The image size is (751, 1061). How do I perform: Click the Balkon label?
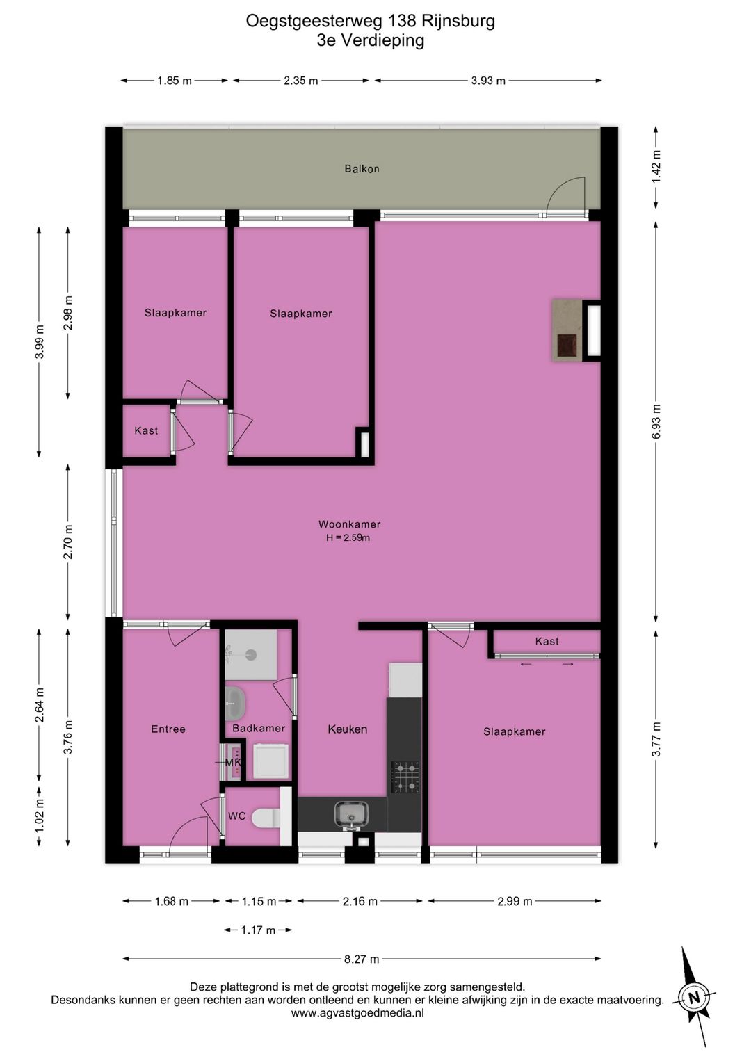(362, 169)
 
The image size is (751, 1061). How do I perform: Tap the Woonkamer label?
(349, 524)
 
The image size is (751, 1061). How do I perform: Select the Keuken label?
(347, 729)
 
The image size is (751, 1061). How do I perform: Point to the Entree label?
(168, 729)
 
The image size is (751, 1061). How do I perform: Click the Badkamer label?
(259, 728)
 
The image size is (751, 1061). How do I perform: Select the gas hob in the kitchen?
(405, 777)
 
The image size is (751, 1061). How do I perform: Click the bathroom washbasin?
(234, 703)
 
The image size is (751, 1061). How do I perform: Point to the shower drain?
(251, 655)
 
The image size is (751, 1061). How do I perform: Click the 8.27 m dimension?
(362, 959)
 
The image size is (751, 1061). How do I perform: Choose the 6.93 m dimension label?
(656, 421)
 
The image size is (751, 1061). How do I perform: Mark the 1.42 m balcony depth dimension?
(656, 167)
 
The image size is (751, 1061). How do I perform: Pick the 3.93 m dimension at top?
(488, 81)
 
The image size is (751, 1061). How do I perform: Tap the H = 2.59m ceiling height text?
(348, 537)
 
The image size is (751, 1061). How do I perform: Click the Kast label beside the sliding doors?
(547, 641)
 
